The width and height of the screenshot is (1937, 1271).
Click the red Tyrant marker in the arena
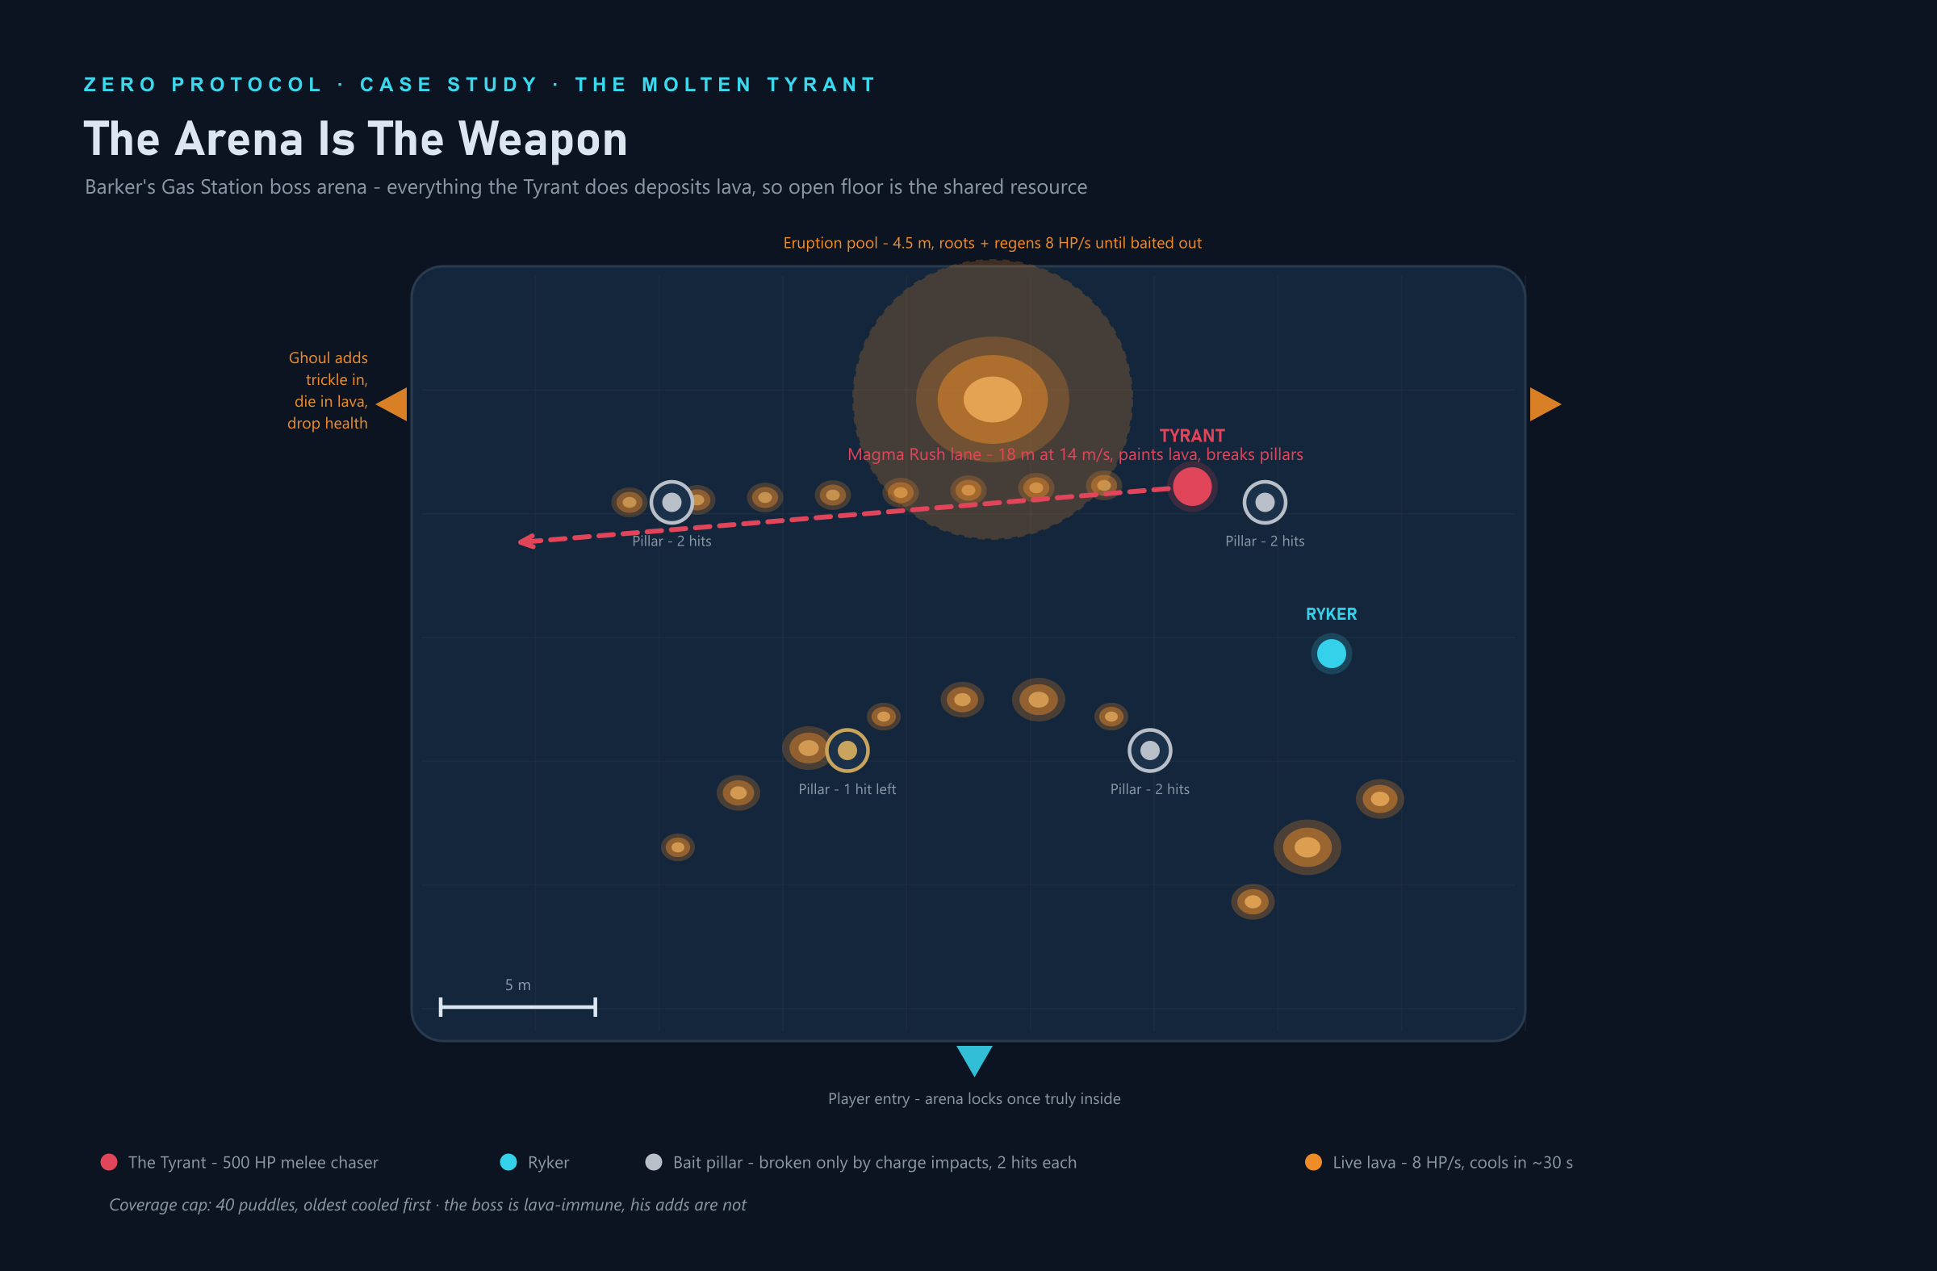click(1191, 487)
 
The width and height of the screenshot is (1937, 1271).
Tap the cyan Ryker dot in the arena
click(1332, 654)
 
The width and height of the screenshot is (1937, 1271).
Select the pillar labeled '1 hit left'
click(847, 750)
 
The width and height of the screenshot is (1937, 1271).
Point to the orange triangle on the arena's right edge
click(1544, 404)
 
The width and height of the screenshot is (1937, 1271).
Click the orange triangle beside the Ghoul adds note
click(392, 404)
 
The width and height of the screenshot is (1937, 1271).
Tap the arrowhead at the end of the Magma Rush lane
click(525, 541)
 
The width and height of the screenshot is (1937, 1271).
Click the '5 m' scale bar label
click(517, 985)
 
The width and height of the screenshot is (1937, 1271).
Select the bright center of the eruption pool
click(992, 399)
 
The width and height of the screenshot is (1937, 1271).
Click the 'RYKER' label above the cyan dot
click(1332, 614)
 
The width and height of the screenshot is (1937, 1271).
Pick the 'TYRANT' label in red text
click(1191, 435)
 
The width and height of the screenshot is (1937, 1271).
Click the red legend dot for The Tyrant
click(108, 1162)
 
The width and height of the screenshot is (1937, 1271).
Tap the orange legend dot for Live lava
click(1313, 1162)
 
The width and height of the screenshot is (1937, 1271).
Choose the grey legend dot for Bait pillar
click(654, 1162)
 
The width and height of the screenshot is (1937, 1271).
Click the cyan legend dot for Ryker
click(508, 1162)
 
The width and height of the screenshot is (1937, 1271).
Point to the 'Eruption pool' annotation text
click(992, 242)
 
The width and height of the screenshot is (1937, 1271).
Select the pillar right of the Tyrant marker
click(1265, 502)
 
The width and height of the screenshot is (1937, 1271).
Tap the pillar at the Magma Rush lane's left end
click(671, 502)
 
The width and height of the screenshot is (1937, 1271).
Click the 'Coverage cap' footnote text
click(427, 1204)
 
